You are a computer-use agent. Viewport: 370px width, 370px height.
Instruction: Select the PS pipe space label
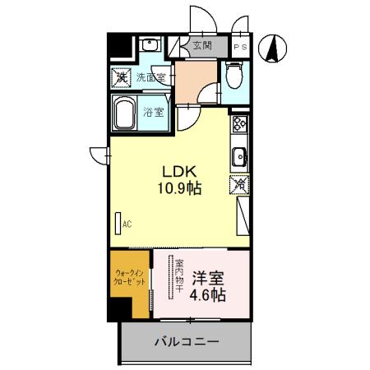[x=240, y=47]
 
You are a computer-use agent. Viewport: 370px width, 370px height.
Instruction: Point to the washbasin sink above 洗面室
[x=149, y=46]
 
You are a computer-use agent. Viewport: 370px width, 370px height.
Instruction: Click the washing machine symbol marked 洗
[x=122, y=77]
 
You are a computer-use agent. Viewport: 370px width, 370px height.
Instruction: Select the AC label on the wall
[x=127, y=223]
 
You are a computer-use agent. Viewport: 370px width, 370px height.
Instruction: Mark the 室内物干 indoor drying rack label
[x=179, y=278]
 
